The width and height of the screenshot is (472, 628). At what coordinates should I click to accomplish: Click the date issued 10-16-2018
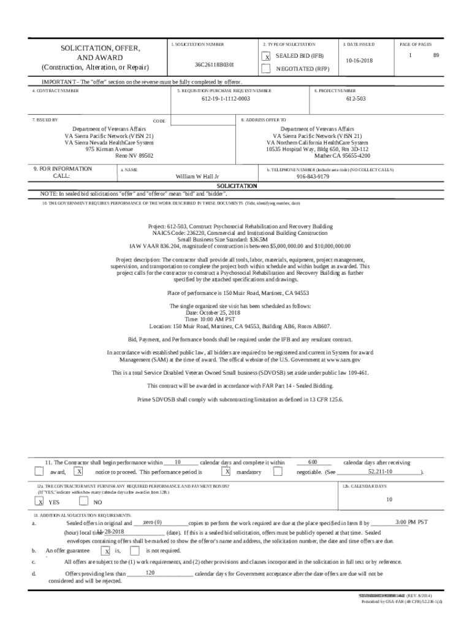click(359, 61)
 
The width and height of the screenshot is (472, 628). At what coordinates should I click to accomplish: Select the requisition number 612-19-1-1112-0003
click(226, 98)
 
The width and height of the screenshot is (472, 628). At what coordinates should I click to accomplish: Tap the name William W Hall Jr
click(197, 176)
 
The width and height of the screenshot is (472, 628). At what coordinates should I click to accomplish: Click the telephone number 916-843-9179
click(313, 176)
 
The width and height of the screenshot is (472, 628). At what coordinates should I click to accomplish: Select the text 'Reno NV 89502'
click(135, 156)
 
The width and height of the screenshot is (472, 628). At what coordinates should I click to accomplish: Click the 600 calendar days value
click(312, 462)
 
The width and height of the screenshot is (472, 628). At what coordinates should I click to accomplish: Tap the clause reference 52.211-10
click(380, 472)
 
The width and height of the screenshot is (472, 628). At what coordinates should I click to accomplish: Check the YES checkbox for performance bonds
click(40, 501)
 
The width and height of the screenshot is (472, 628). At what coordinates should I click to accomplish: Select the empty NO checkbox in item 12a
click(84, 501)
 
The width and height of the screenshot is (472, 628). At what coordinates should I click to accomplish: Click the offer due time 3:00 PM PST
click(411, 522)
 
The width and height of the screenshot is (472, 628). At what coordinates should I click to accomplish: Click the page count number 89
click(436, 55)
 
